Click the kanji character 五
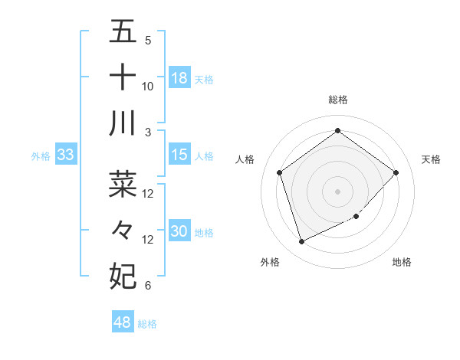[123, 32]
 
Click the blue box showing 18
[179, 77]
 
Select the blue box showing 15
[179, 155]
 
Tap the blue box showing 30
[179, 231]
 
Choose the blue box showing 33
[65, 155]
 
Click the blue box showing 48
[123, 322]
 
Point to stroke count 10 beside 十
[148, 87]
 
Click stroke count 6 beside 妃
[147, 286]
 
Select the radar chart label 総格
[337, 100]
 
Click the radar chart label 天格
[431, 159]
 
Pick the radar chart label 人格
[245, 159]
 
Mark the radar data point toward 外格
[301, 242]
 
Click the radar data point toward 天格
[396, 172]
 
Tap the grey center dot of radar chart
[337, 191]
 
